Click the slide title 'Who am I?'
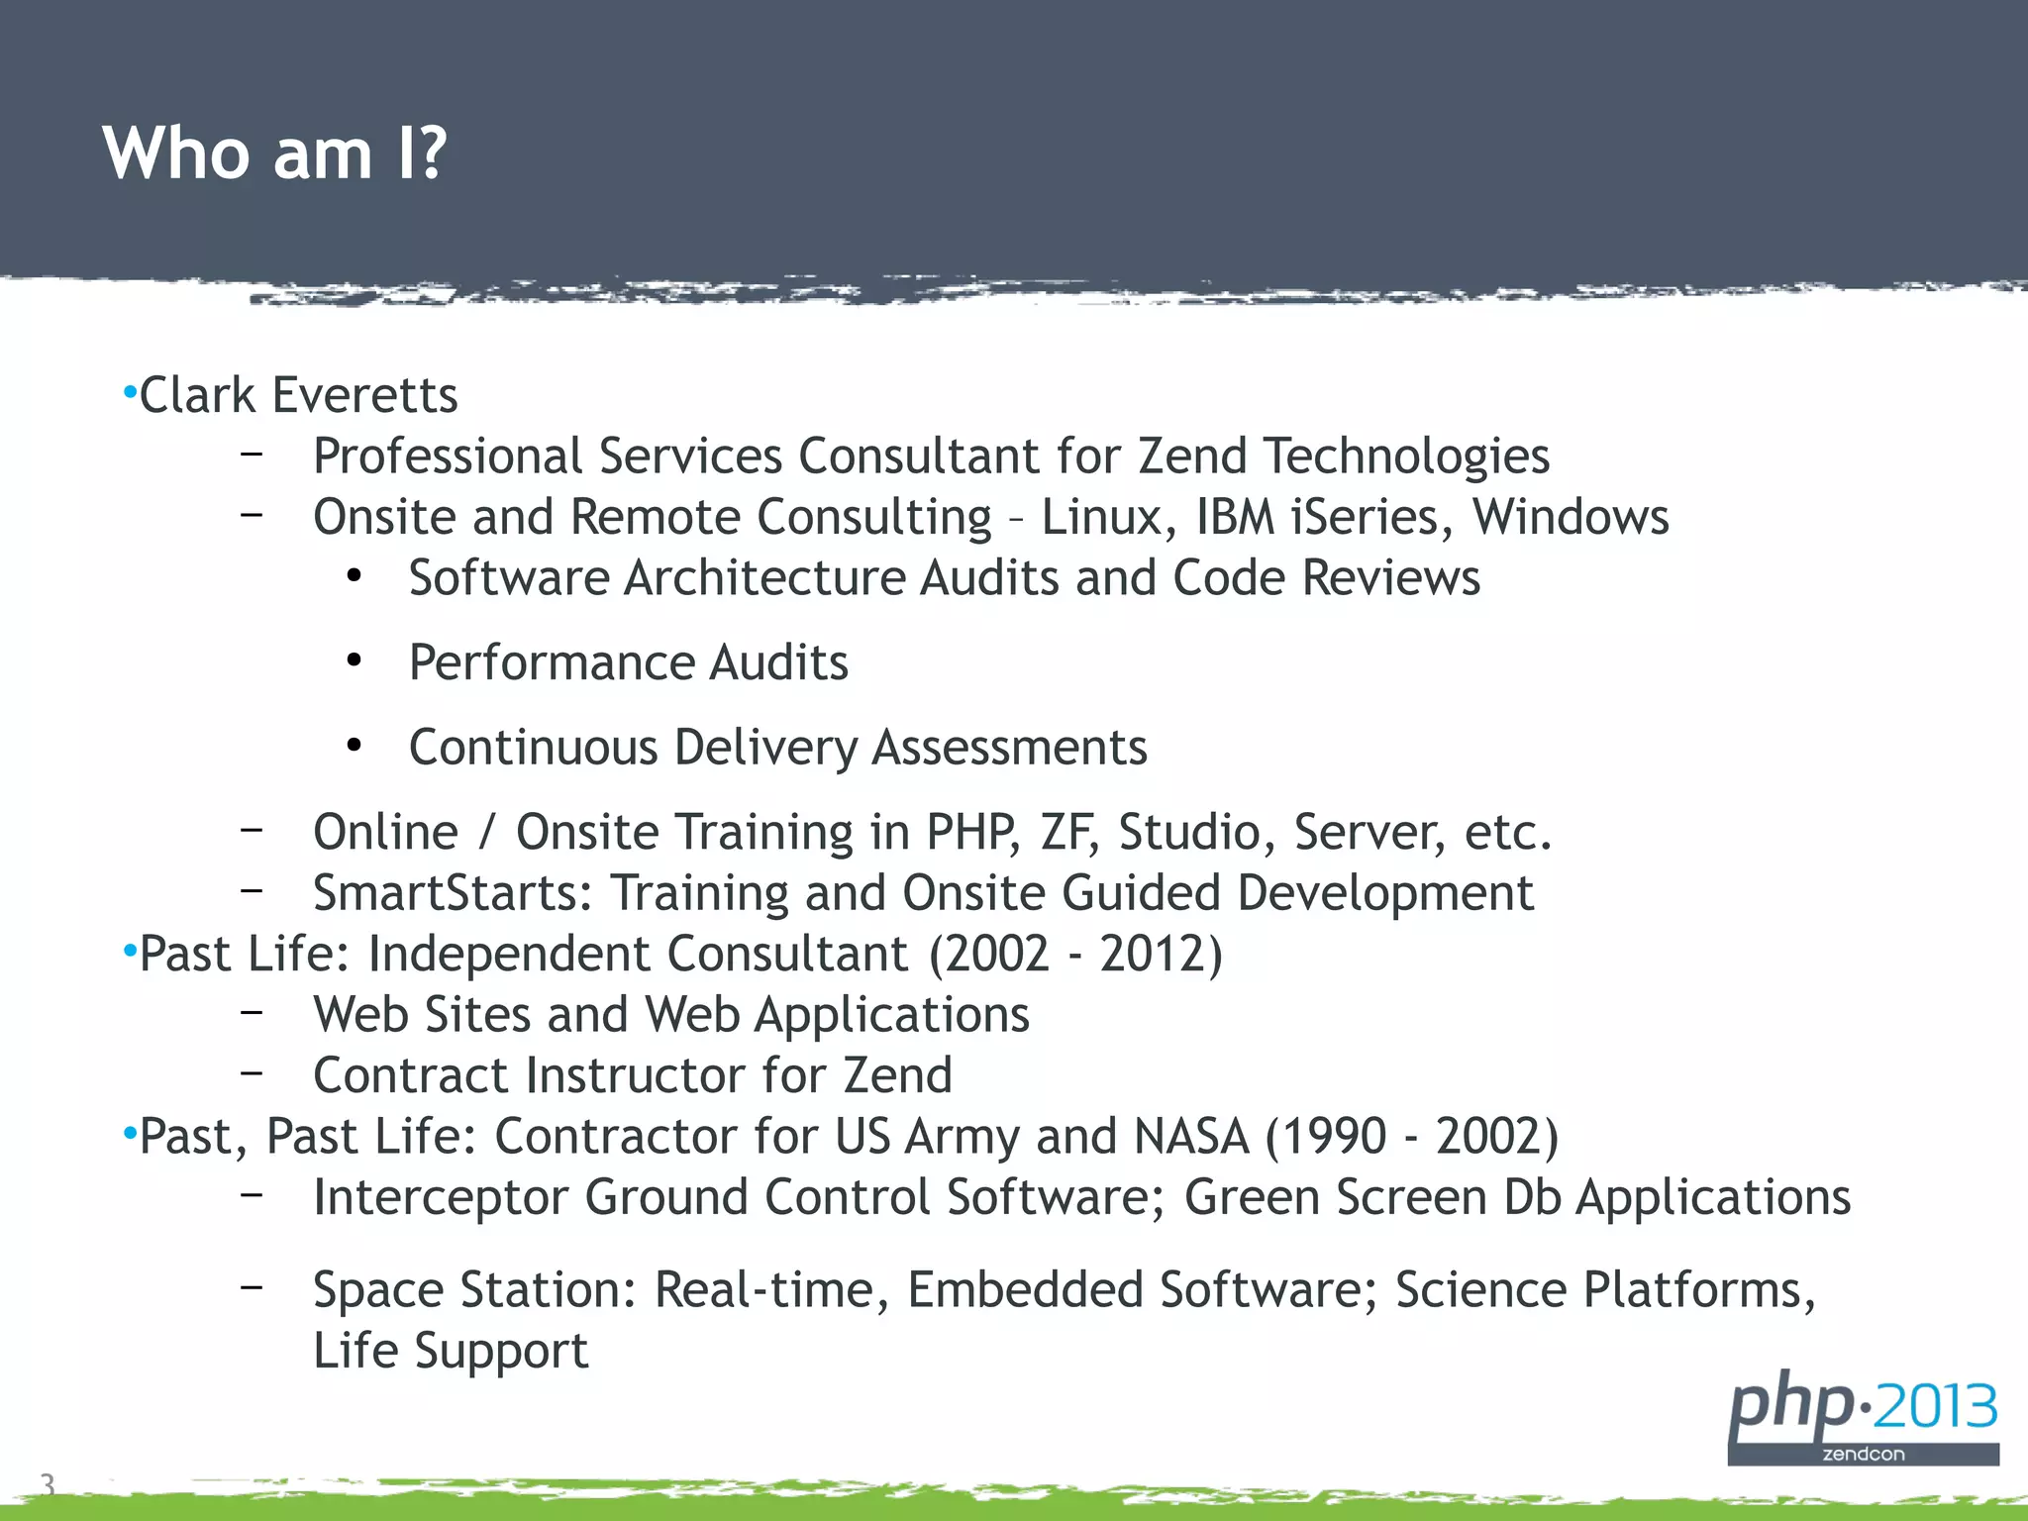click(x=274, y=153)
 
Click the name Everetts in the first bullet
click(x=364, y=395)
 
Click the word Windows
click(x=1570, y=517)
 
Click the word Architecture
click(x=763, y=578)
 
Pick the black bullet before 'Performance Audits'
click(x=355, y=661)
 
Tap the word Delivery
click(x=765, y=748)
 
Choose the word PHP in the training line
click(x=971, y=832)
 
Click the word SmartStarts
click(x=453, y=893)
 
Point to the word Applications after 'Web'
click(x=891, y=1015)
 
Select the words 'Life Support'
click(x=451, y=1351)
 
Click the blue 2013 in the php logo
click(x=1935, y=1407)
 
